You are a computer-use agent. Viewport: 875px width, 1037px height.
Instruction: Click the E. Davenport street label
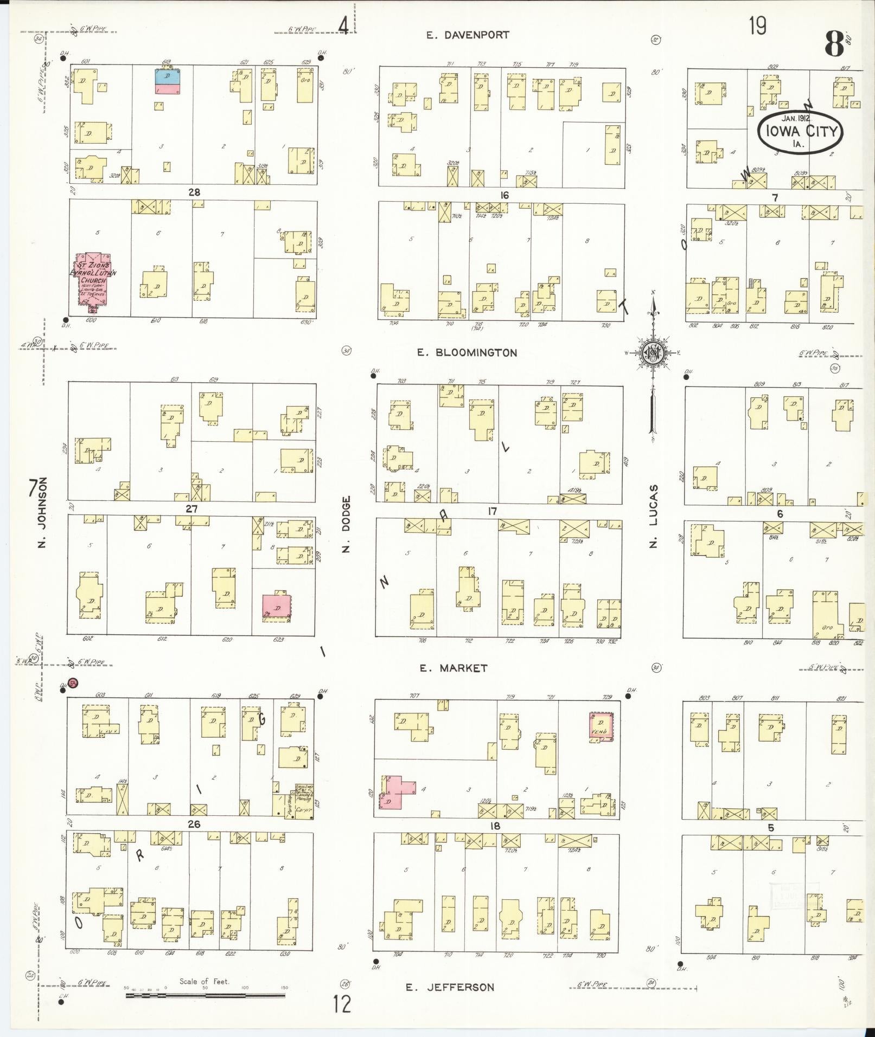pyautogui.click(x=467, y=35)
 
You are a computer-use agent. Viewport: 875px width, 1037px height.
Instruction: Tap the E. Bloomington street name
pyautogui.click(x=467, y=353)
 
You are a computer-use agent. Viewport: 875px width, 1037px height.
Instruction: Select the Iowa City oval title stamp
pyautogui.click(x=801, y=132)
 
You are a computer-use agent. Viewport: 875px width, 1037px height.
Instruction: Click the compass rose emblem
pyautogui.click(x=653, y=353)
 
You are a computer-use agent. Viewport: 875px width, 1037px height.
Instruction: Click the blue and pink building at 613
pyautogui.click(x=168, y=81)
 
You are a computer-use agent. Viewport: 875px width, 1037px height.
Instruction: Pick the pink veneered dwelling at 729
pyautogui.click(x=601, y=726)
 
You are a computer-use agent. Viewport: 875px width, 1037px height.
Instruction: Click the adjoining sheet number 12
pyautogui.click(x=342, y=1004)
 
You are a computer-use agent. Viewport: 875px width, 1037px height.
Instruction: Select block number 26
pyautogui.click(x=194, y=825)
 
